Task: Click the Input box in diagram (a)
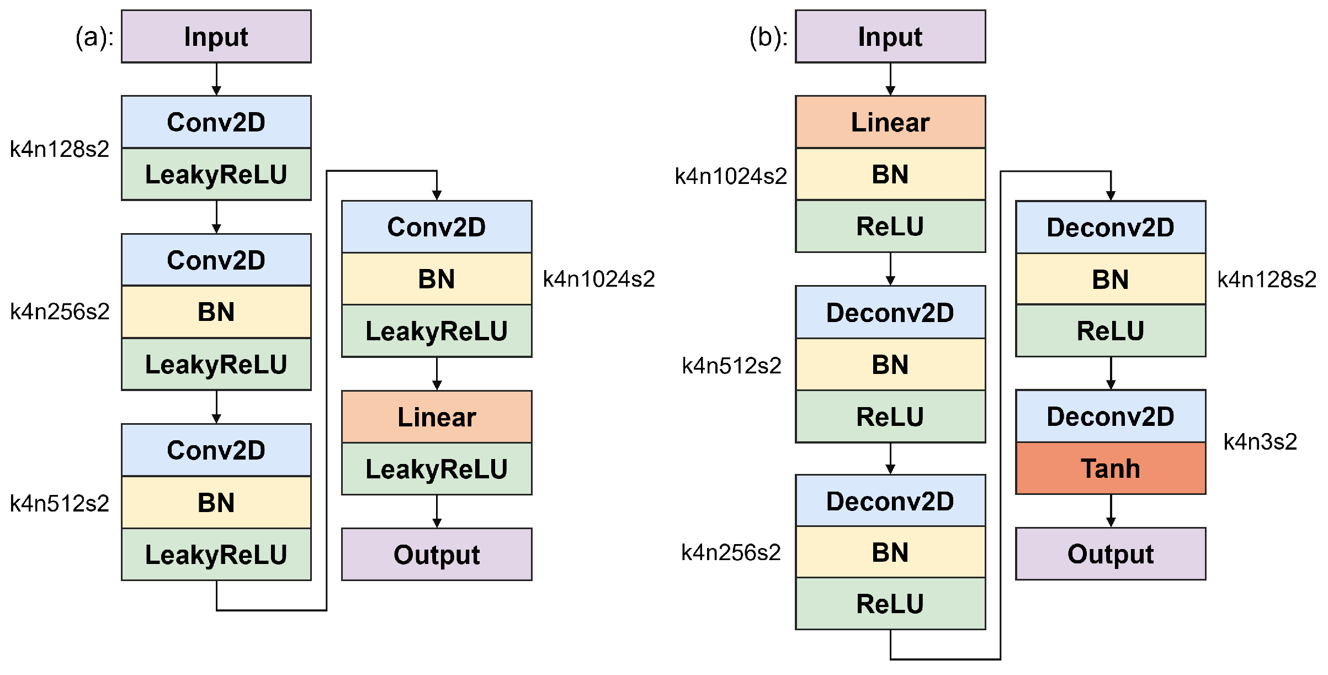click(216, 36)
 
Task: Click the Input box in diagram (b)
click(890, 36)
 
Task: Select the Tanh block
click(1110, 468)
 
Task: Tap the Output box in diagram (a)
click(437, 554)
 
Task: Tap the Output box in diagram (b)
click(1110, 553)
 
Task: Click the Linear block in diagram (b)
click(890, 122)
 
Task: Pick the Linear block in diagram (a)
click(437, 416)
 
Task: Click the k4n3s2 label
click(1260, 442)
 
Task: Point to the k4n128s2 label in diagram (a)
click(60, 149)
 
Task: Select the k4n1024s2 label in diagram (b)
click(730, 176)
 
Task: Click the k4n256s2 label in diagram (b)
click(730, 552)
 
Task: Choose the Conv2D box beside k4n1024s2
click(437, 227)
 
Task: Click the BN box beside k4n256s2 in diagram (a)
click(216, 312)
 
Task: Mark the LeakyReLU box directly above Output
click(437, 469)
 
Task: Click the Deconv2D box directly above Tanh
click(1110, 416)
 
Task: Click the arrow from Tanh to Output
click(1111, 510)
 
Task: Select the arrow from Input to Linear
click(890, 79)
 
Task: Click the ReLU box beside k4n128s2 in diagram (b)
click(1110, 331)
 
